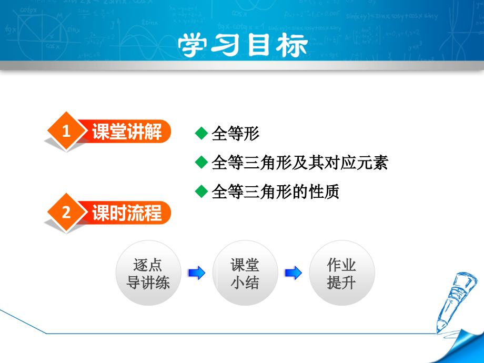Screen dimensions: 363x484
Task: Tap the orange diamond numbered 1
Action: pyautogui.click(x=66, y=132)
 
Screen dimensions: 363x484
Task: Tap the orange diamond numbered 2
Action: pyautogui.click(x=66, y=213)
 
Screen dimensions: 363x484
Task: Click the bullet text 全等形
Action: pyautogui.click(x=235, y=134)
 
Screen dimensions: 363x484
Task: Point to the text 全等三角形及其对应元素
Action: pyautogui.click(x=299, y=163)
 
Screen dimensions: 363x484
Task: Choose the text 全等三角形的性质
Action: pyautogui.click(x=275, y=191)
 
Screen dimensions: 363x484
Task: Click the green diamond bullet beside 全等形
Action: pyautogui.click(x=201, y=133)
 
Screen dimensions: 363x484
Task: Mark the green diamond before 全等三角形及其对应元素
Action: pyautogui.click(x=201, y=162)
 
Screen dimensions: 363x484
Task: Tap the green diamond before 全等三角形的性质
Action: pyautogui.click(x=201, y=191)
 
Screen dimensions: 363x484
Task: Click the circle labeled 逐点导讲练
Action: pyautogui.click(x=148, y=274)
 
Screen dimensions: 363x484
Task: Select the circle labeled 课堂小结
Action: pyautogui.click(x=245, y=274)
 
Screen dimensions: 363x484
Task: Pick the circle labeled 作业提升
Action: pyautogui.click(x=342, y=274)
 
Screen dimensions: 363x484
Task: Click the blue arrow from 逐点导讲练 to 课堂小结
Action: pyautogui.click(x=197, y=273)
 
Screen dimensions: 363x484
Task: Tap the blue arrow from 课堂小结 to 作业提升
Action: pyautogui.click(x=294, y=273)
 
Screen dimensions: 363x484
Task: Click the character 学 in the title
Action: pyautogui.click(x=195, y=45)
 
